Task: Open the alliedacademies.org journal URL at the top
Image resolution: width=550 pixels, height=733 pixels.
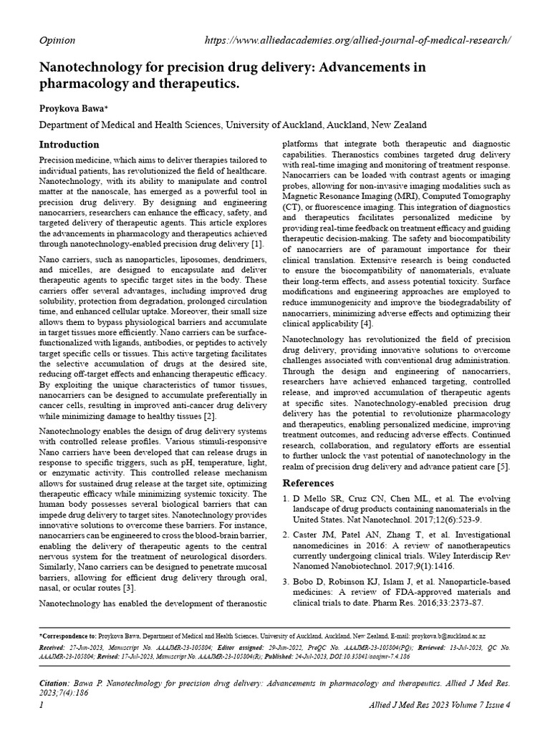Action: (357, 40)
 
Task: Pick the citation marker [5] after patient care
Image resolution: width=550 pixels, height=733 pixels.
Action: (503, 467)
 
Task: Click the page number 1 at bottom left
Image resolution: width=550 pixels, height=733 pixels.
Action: (40, 705)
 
